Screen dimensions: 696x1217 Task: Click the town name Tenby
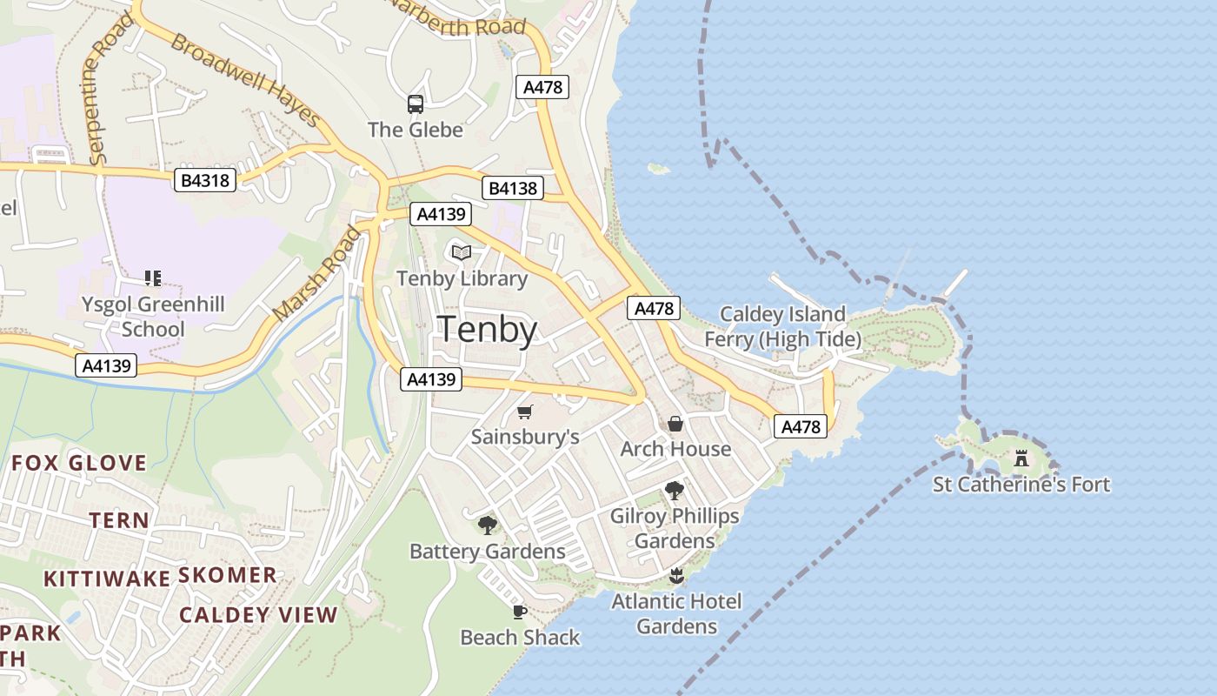point(487,331)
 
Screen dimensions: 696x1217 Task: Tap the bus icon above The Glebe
point(416,104)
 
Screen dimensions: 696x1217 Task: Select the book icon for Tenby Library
point(462,252)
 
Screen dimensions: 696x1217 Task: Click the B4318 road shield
point(205,180)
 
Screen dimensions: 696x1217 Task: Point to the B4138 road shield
point(513,187)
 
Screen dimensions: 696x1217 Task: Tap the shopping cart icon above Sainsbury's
point(524,412)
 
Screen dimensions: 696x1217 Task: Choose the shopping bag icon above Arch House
point(675,424)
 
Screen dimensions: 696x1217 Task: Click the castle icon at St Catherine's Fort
point(1021,458)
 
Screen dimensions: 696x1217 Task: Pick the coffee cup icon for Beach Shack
point(520,612)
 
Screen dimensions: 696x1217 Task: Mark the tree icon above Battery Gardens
point(487,525)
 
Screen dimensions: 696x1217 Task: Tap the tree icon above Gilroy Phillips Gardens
point(674,491)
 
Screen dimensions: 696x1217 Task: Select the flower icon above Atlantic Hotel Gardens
point(676,575)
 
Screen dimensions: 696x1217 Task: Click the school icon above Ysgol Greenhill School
point(153,278)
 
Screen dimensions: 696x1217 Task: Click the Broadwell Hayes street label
point(246,80)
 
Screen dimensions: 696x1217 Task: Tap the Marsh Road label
point(316,272)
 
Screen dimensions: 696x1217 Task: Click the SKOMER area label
point(228,575)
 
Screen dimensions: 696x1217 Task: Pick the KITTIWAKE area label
point(107,579)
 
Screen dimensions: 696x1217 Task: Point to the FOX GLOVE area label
point(79,463)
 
